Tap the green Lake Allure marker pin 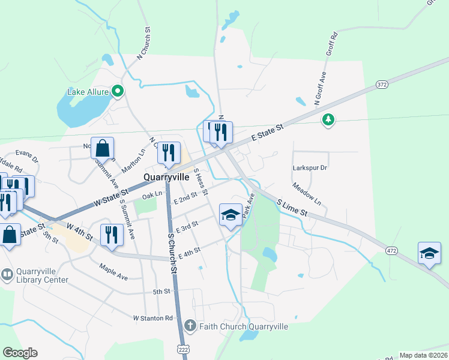118,92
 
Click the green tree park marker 328,120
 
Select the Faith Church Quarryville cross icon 190,326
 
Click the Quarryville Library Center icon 7,275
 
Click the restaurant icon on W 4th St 110,234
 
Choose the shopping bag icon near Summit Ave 103,148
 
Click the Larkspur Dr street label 310,168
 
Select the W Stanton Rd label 153,317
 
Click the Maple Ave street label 114,272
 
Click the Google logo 20,353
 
